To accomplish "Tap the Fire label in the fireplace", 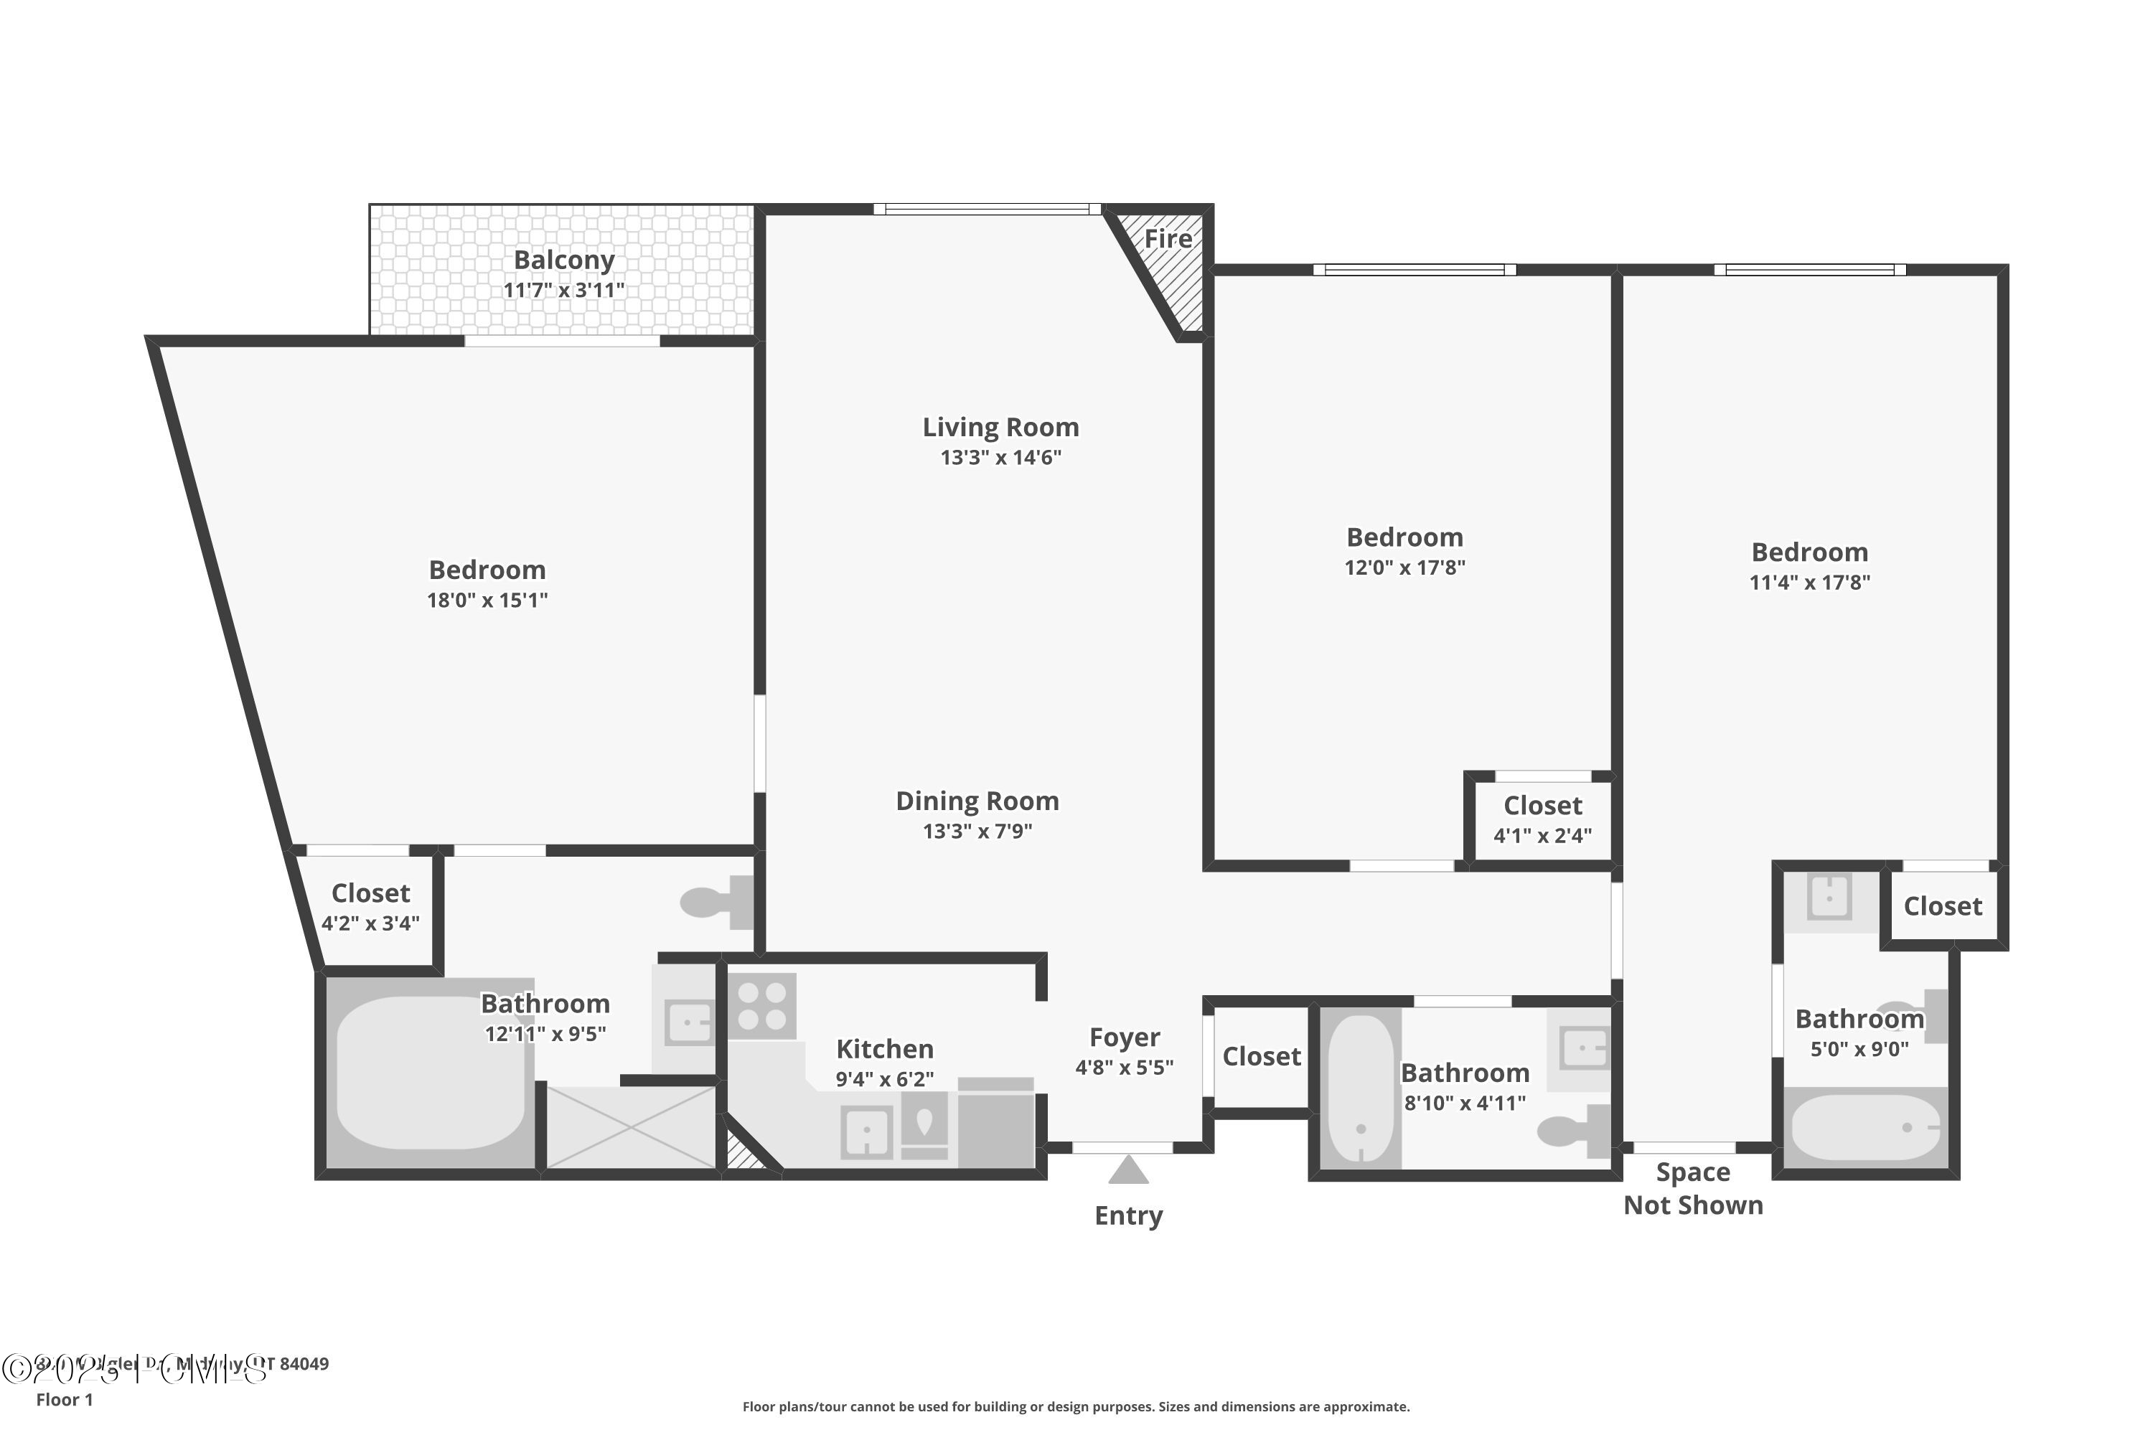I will click(1168, 239).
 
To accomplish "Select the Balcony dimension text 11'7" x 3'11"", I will click(564, 290).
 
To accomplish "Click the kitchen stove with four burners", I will click(762, 1006).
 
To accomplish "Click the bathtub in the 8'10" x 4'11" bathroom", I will click(1361, 1088).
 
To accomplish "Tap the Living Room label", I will click(1000, 428).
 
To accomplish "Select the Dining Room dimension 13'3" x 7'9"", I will click(977, 831).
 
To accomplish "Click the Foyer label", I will click(1124, 1037).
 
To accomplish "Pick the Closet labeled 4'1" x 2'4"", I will click(1542, 819).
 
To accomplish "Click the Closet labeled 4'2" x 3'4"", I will click(371, 906).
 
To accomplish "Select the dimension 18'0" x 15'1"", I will click(487, 601).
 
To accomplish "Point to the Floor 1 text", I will click(64, 1399).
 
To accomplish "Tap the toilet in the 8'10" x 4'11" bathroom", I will click(1572, 1131).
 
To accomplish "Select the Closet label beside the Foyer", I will click(1262, 1056).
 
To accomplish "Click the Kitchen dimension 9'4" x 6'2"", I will click(884, 1079).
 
